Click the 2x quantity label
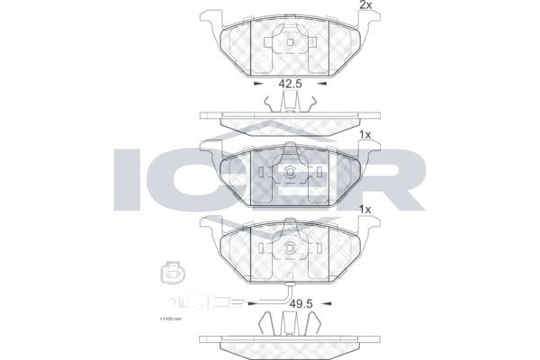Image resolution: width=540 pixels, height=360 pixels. (366, 6)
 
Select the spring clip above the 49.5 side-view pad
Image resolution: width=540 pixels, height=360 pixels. (287, 322)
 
